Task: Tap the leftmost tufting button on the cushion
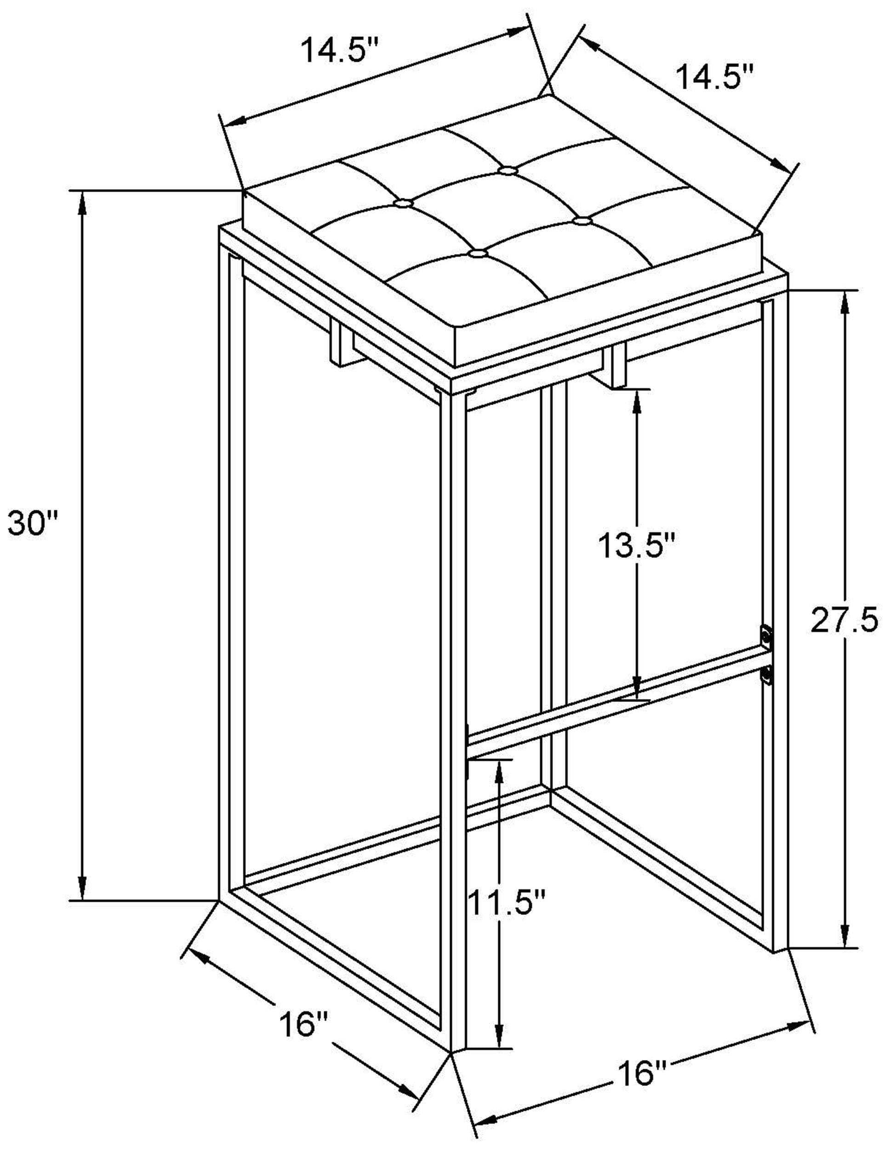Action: (404, 202)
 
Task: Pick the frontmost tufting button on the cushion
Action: (477, 254)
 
